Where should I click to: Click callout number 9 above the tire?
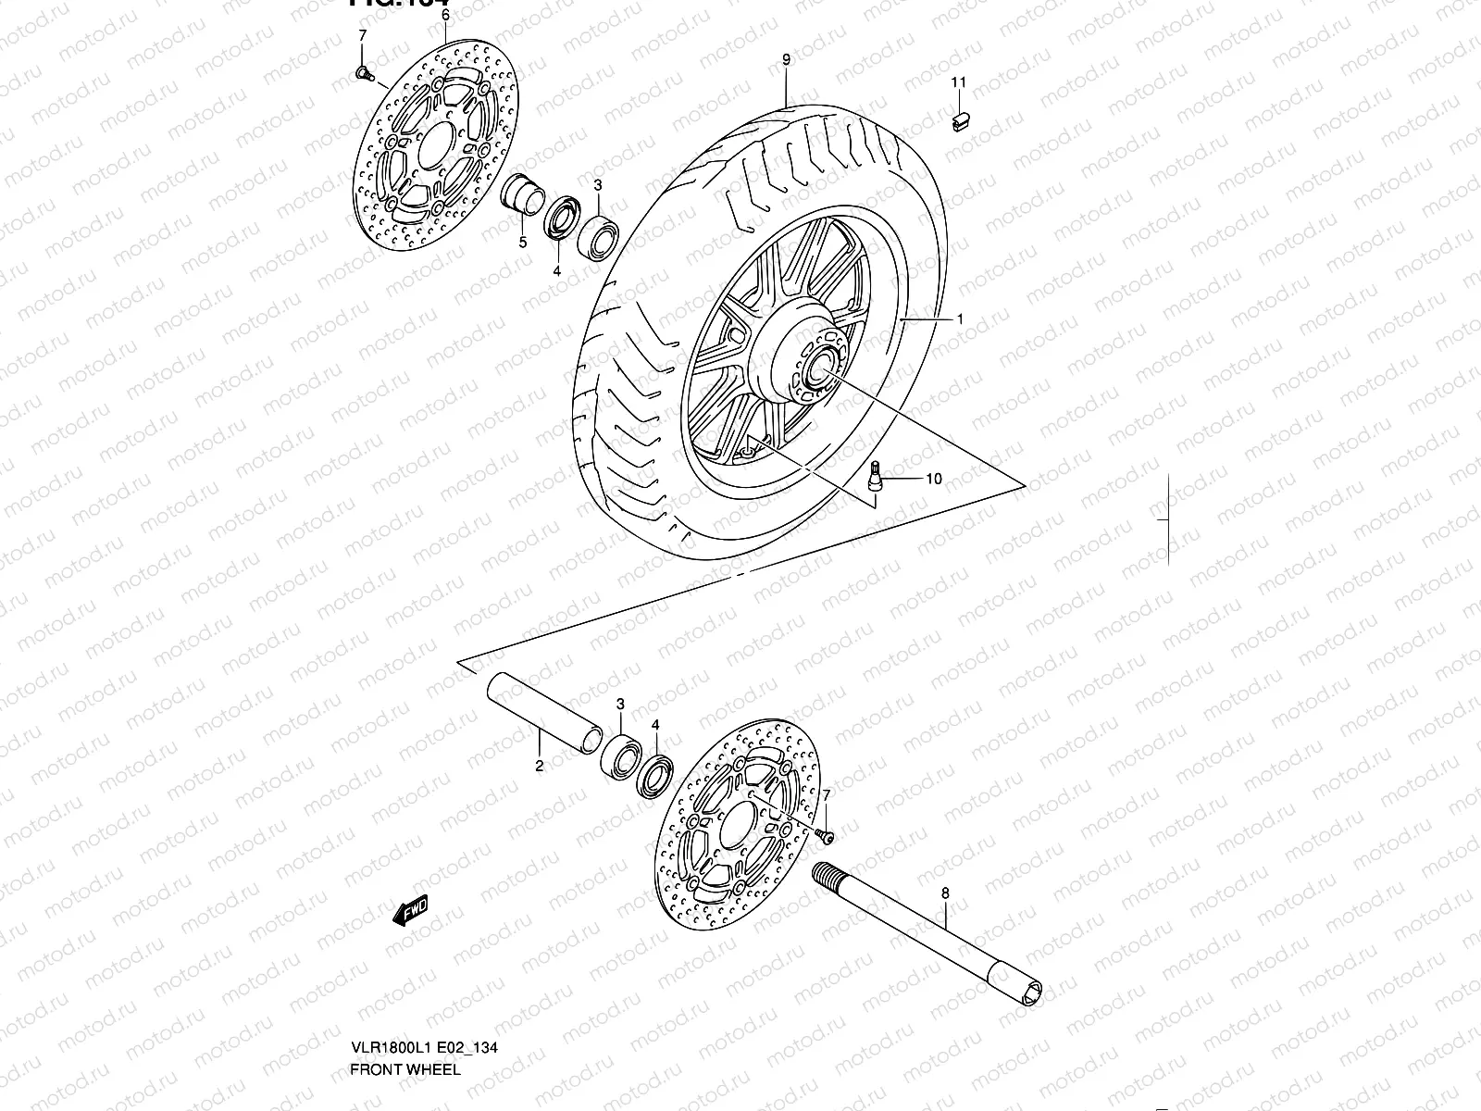(x=786, y=60)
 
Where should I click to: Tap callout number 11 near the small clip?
(x=959, y=82)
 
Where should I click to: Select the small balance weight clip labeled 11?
(x=961, y=119)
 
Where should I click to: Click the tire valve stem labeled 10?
(x=875, y=480)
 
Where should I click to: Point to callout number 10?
(x=933, y=479)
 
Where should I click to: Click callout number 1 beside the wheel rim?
(x=960, y=318)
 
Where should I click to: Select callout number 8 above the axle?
(x=944, y=893)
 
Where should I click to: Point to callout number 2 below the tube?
(x=539, y=766)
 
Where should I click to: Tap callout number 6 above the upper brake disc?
(x=444, y=16)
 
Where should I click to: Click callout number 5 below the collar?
(x=523, y=243)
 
